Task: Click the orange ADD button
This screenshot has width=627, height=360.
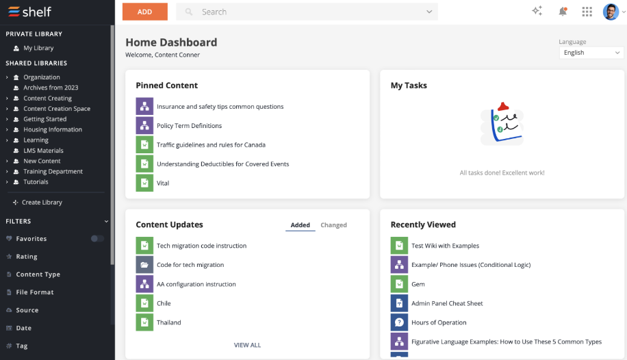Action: click(144, 12)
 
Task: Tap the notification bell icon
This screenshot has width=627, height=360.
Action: click(563, 12)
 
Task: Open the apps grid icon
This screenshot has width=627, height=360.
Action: click(587, 12)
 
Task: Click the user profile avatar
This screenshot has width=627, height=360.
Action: click(611, 12)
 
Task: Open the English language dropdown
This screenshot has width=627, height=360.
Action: click(591, 53)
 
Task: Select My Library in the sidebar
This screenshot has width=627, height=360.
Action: click(38, 48)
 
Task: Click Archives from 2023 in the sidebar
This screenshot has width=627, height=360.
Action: click(51, 88)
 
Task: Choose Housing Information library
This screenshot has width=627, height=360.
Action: click(53, 129)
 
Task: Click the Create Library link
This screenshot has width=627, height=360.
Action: click(42, 203)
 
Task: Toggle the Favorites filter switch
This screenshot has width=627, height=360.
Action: click(97, 239)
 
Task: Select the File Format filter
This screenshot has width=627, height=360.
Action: click(35, 292)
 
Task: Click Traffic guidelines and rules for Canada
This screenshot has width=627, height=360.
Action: click(211, 145)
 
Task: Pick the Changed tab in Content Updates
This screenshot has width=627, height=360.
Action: click(333, 225)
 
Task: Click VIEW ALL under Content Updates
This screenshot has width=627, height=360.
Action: click(247, 345)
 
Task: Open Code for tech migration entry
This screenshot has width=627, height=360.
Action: click(190, 265)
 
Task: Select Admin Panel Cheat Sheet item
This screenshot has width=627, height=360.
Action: click(447, 303)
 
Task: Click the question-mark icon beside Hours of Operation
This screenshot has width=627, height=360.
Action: click(399, 322)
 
